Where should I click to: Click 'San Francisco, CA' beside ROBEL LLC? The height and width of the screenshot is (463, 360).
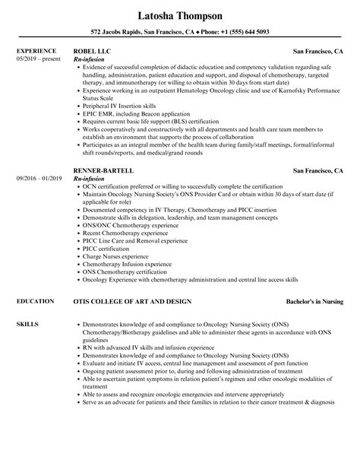tap(319, 51)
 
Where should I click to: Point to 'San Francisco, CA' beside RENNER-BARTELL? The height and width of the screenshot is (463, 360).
tap(319, 172)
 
